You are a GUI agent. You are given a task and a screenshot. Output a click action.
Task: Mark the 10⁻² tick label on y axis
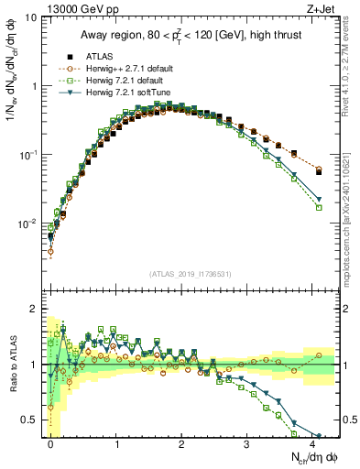pyautogui.click(x=27, y=224)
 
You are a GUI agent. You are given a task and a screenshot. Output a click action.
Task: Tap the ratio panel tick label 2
pyautogui.click(x=33, y=309)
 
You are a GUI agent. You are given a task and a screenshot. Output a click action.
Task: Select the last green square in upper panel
pyautogui.click(x=319, y=208)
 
